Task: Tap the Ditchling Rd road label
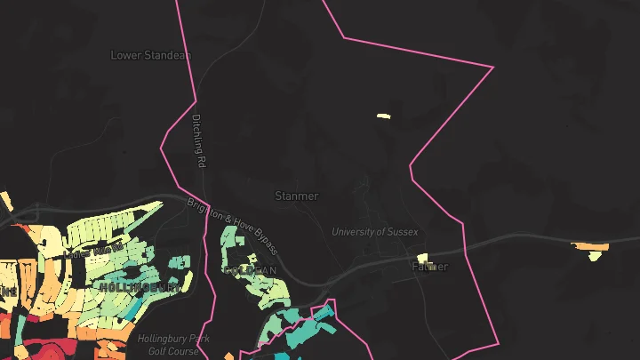(199, 142)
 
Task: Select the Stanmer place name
(297, 196)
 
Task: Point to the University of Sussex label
(373, 232)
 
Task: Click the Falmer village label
(430, 267)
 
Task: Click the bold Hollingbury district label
(134, 288)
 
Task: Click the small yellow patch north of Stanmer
(382, 116)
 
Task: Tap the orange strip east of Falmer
(589, 246)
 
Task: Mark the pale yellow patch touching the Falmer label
(431, 268)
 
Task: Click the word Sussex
(400, 232)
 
